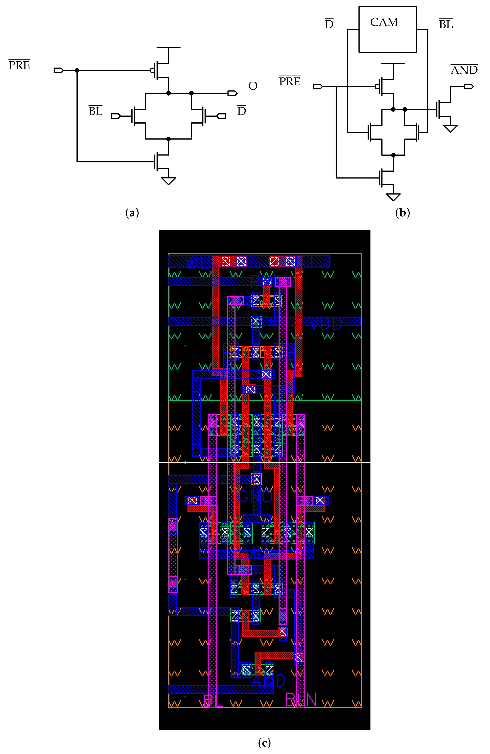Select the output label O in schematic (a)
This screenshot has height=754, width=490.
(x=253, y=86)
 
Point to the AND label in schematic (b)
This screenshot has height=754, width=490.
(x=464, y=70)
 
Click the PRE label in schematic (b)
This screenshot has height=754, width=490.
(x=289, y=81)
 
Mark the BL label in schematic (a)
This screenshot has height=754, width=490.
(x=95, y=111)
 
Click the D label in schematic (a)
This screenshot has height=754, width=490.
(x=241, y=111)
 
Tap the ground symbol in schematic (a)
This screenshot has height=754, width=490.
(x=168, y=181)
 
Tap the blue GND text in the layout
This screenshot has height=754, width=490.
(x=255, y=497)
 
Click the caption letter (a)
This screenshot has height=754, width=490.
(x=132, y=213)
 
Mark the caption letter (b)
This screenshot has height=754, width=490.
(x=402, y=213)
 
